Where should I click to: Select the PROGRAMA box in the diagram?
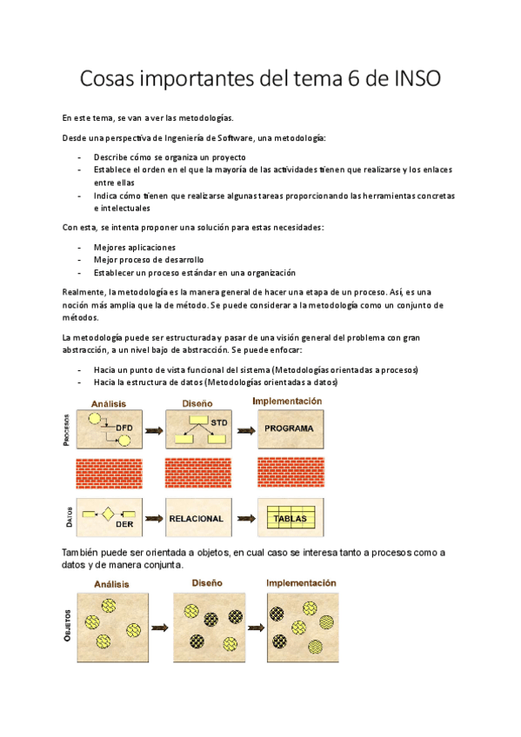pos(290,429)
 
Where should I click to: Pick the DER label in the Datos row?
pos(124,524)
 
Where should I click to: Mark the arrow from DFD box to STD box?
pos(152,430)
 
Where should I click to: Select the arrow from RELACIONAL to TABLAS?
pos(246,519)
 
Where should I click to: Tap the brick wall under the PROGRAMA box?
pos(291,473)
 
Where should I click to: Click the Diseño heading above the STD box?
pos(198,402)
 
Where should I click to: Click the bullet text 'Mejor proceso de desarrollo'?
pos(149,260)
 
